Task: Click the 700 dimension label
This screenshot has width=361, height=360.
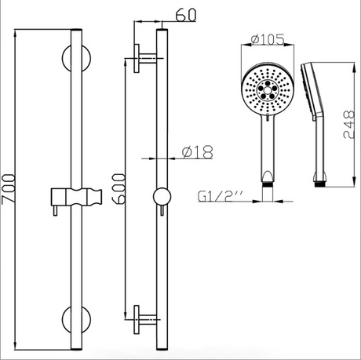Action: pos(8,189)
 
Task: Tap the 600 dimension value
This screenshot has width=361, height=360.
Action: pos(119,188)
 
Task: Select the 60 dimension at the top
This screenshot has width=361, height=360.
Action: pos(185,15)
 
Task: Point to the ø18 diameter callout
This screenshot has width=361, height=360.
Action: pos(198,152)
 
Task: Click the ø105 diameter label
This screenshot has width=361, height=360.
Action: pos(268,39)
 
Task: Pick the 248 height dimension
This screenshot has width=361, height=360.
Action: pos(349,125)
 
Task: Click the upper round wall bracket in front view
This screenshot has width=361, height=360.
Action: pos(76,58)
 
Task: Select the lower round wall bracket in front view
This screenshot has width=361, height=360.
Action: pos(76,319)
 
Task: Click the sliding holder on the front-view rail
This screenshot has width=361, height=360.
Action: pos(76,197)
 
